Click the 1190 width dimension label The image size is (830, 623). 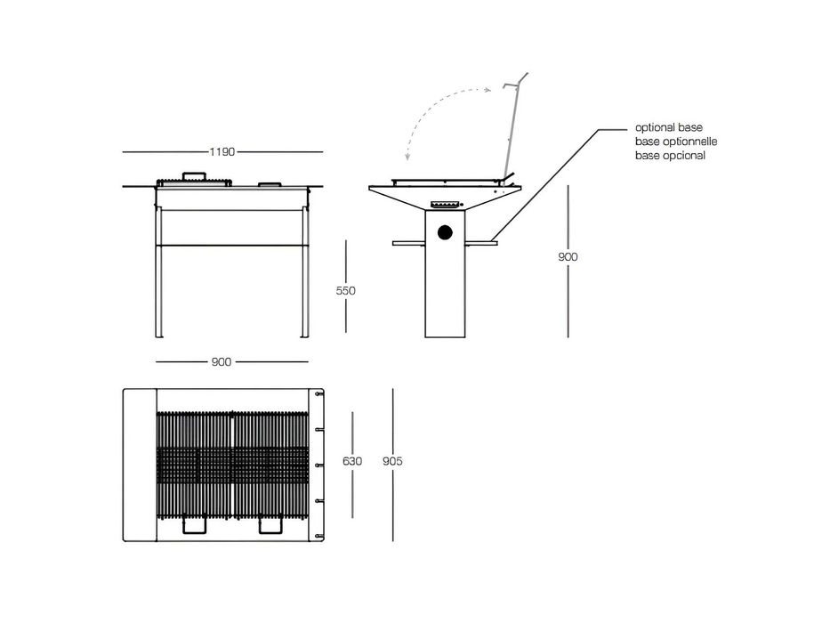[222, 152]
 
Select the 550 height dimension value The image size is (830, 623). [346, 290]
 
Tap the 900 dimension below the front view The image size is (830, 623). [222, 362]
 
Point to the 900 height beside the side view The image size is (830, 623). [568, 257]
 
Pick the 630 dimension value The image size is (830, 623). [352, 461]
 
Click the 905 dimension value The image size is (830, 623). [392, 461]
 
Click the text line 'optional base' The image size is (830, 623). [669, 127]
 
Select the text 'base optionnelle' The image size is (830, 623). [676, 142]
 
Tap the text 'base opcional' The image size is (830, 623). [670, 156]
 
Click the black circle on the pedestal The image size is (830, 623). [445, 232]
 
